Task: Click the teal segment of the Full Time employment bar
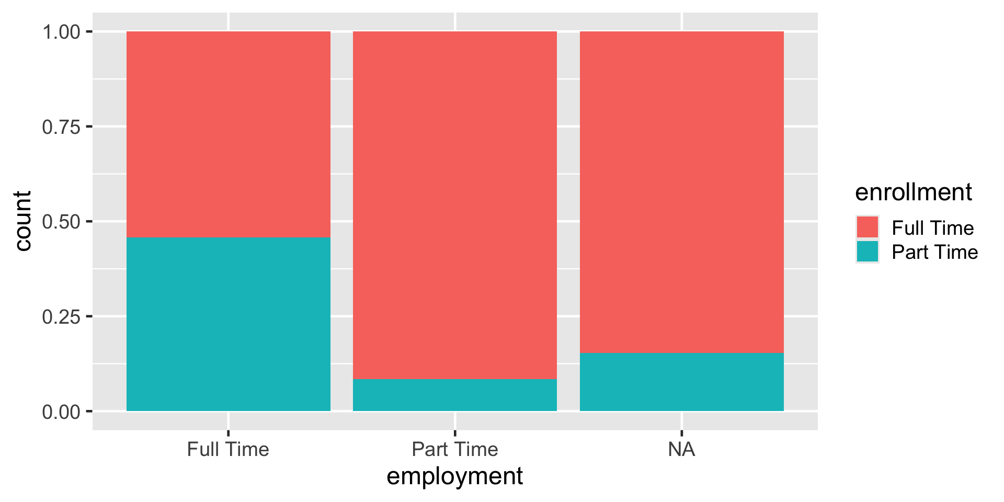click(x=228, y=324)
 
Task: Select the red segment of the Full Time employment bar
click(x=228, y=134)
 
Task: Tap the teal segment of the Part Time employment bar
click(x=455, y=395)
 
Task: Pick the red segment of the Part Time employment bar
click(x=455, y=205)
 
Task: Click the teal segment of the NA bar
click(x=681, y=382)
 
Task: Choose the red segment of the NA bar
click(x=681, y=192)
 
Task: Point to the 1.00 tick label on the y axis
click(x=62, y=32)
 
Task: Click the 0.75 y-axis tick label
click(x=62, y=127)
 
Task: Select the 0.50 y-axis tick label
click(x=62, y=222)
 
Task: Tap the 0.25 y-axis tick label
click(x=62, y=317)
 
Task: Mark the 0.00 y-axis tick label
click(x=62, y=412)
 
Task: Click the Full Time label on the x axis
click(x=228, y=449)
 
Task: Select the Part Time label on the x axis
click(x=455, y=449)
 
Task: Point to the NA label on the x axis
click(x=681, y=449)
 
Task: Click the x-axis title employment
click(x=454, y=476)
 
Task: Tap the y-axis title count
click(x=23, y=221)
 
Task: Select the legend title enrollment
click(x=913, y=192)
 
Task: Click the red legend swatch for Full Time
click(x=867, y=227)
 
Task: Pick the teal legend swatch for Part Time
click(x=867, y=252)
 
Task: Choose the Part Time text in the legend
click(x=934, y=252)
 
